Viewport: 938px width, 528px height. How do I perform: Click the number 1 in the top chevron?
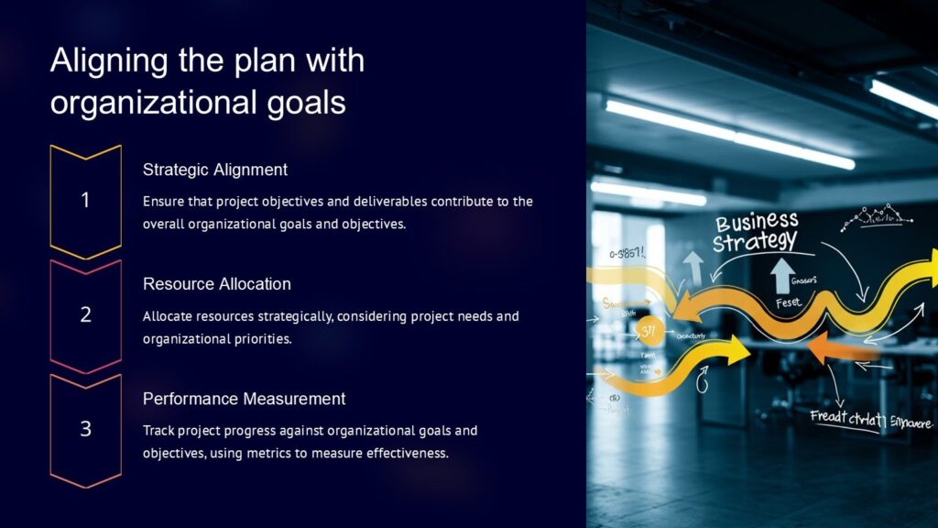85,200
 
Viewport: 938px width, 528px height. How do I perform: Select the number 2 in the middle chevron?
85,314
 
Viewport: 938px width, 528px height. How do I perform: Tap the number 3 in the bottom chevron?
85,428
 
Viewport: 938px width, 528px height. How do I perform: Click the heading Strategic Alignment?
215,170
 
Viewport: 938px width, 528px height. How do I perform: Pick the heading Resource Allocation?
217,284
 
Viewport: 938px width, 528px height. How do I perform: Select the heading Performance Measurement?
245,399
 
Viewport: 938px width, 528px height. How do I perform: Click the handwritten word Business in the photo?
757,223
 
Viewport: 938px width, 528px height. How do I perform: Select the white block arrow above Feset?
784,276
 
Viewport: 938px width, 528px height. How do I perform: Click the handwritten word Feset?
788,302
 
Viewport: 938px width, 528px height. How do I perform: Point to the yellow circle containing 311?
649,330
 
